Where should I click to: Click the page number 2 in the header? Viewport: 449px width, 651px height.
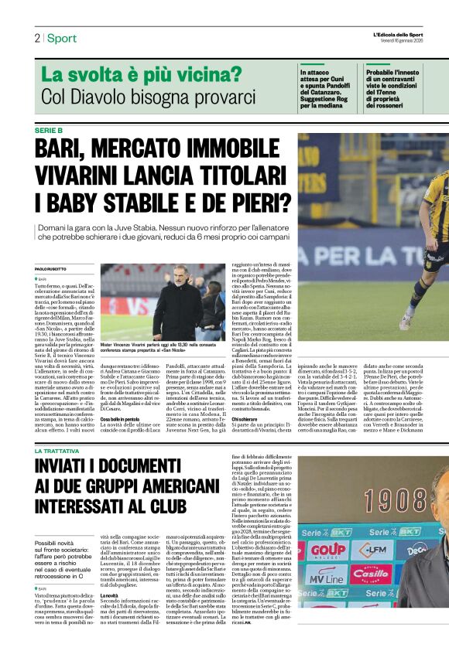(36, 38)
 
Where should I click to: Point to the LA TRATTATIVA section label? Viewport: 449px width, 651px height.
(58, 450)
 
